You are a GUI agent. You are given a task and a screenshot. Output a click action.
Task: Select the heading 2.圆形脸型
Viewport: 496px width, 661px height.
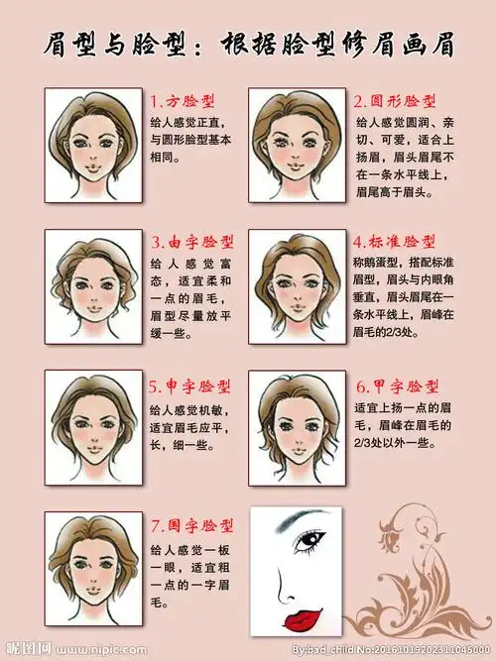click(395, 101)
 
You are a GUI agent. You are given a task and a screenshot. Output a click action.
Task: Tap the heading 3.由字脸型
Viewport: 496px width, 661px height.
click(192, 242)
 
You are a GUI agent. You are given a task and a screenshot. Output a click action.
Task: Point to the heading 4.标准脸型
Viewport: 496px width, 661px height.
click(394, 242)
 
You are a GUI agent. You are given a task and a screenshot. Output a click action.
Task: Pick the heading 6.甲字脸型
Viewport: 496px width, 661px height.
click(397, 386)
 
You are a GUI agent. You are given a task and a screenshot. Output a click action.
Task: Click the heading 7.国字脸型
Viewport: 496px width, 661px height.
click(192, 526)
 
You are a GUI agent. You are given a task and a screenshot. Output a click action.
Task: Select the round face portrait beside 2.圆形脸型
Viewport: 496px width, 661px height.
click(296, 145)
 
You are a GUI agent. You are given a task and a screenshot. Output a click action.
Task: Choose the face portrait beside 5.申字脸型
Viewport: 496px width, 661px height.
click(94, 427)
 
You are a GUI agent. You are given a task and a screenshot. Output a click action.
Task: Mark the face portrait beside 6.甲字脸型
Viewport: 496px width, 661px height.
click(296, 427)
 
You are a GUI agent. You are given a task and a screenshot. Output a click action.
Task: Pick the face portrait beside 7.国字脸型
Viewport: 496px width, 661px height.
click(94, 565)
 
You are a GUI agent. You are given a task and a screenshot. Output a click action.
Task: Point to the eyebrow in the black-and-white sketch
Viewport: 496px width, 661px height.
click(303, 520)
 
